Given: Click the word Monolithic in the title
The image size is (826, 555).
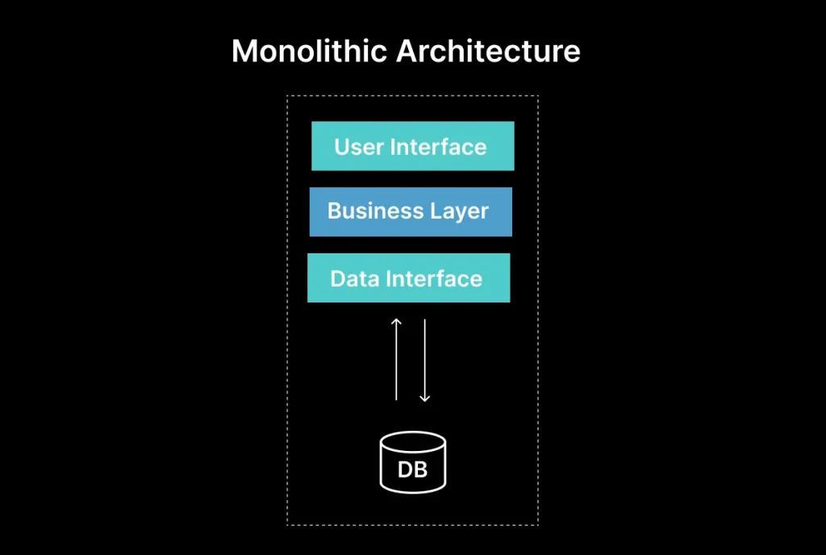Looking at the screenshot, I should coord(309,52).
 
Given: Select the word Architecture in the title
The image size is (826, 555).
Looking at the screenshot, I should coord(488,52).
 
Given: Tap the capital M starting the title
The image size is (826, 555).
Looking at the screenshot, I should coord(244,52).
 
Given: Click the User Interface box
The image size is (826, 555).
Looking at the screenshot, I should coord(412,146).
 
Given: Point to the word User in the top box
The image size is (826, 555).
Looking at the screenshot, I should coord(359,147).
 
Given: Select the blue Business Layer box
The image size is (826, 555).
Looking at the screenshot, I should coord(411,211).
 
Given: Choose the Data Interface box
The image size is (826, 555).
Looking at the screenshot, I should coord(408,277).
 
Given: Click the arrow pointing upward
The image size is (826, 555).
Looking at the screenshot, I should coord(396,359).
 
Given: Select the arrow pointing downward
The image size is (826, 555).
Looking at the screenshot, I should coord(424,359).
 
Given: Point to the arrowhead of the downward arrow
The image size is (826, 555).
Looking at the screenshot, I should coord(424,398).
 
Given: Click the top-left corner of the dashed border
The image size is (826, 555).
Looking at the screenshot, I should coord(288,96).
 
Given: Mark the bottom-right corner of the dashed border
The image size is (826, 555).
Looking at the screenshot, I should coord(537,524).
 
